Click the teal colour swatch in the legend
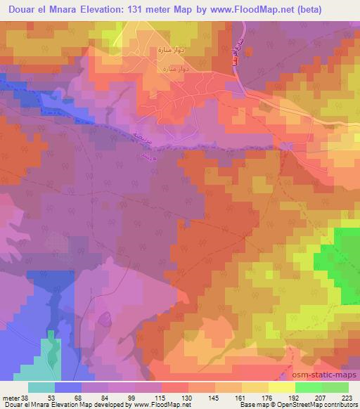pyautogui.click(x=41, y=388)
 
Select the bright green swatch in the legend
pyautogui.click(x=308, y=388)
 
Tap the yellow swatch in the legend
pyautogui.click(x=281, y=388)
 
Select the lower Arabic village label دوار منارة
pyautogui.click(x=173, y=69)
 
